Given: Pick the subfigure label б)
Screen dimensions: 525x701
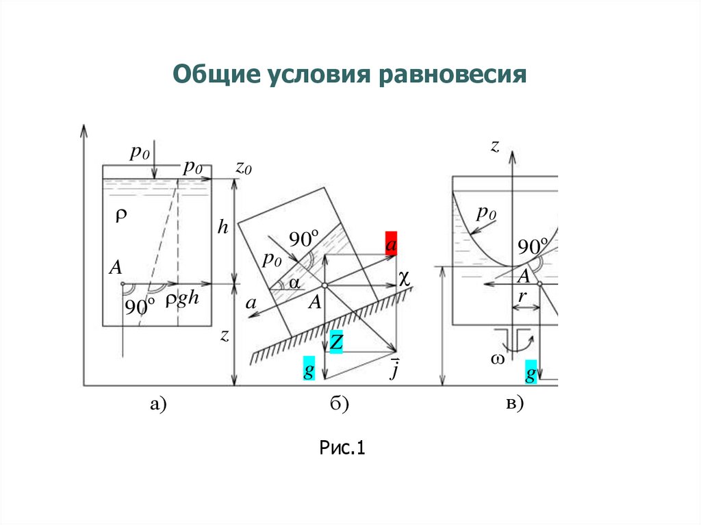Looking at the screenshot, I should click(339, 405).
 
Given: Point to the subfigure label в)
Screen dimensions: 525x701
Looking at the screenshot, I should click(514, 405).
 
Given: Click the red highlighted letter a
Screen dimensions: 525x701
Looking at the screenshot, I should click(391, 244).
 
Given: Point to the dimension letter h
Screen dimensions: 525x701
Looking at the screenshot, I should click(222, 227).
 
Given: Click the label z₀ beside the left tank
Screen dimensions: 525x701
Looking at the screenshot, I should click(244, 166).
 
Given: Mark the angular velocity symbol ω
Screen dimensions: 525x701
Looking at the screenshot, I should click(497, 359).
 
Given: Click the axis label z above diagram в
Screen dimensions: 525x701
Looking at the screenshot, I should click(494, 145).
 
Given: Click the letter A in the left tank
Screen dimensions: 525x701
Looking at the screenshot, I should click(115, 268).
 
